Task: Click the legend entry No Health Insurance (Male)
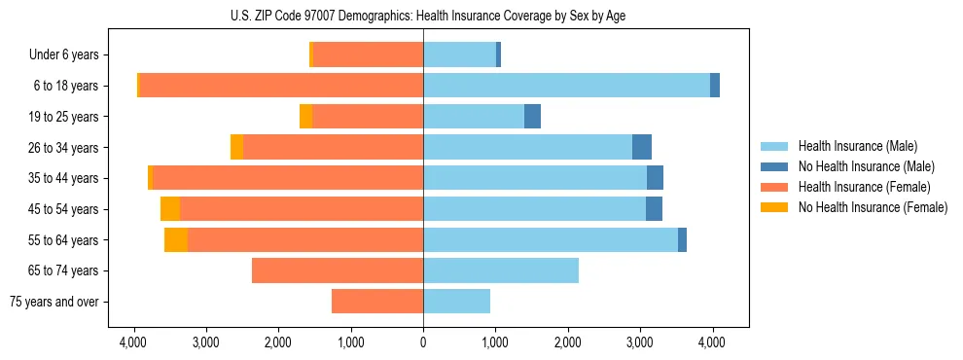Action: click(866, 166)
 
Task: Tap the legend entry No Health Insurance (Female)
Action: click(873, 207)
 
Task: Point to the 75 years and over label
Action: click(53, 302)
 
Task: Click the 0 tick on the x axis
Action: click(423, 342)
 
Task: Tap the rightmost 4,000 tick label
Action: click(712, 342)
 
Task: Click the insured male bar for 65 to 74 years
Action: click(501, 270)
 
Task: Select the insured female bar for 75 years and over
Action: click(377, 302)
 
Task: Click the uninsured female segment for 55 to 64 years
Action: click(176, 240)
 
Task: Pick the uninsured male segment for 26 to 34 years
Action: click(642, 148)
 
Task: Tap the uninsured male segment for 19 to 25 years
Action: click(532, 117)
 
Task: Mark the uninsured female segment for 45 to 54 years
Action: click(170, 209)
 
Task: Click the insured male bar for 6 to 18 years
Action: click(566, 86)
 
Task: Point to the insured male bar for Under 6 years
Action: click(459, 55)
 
